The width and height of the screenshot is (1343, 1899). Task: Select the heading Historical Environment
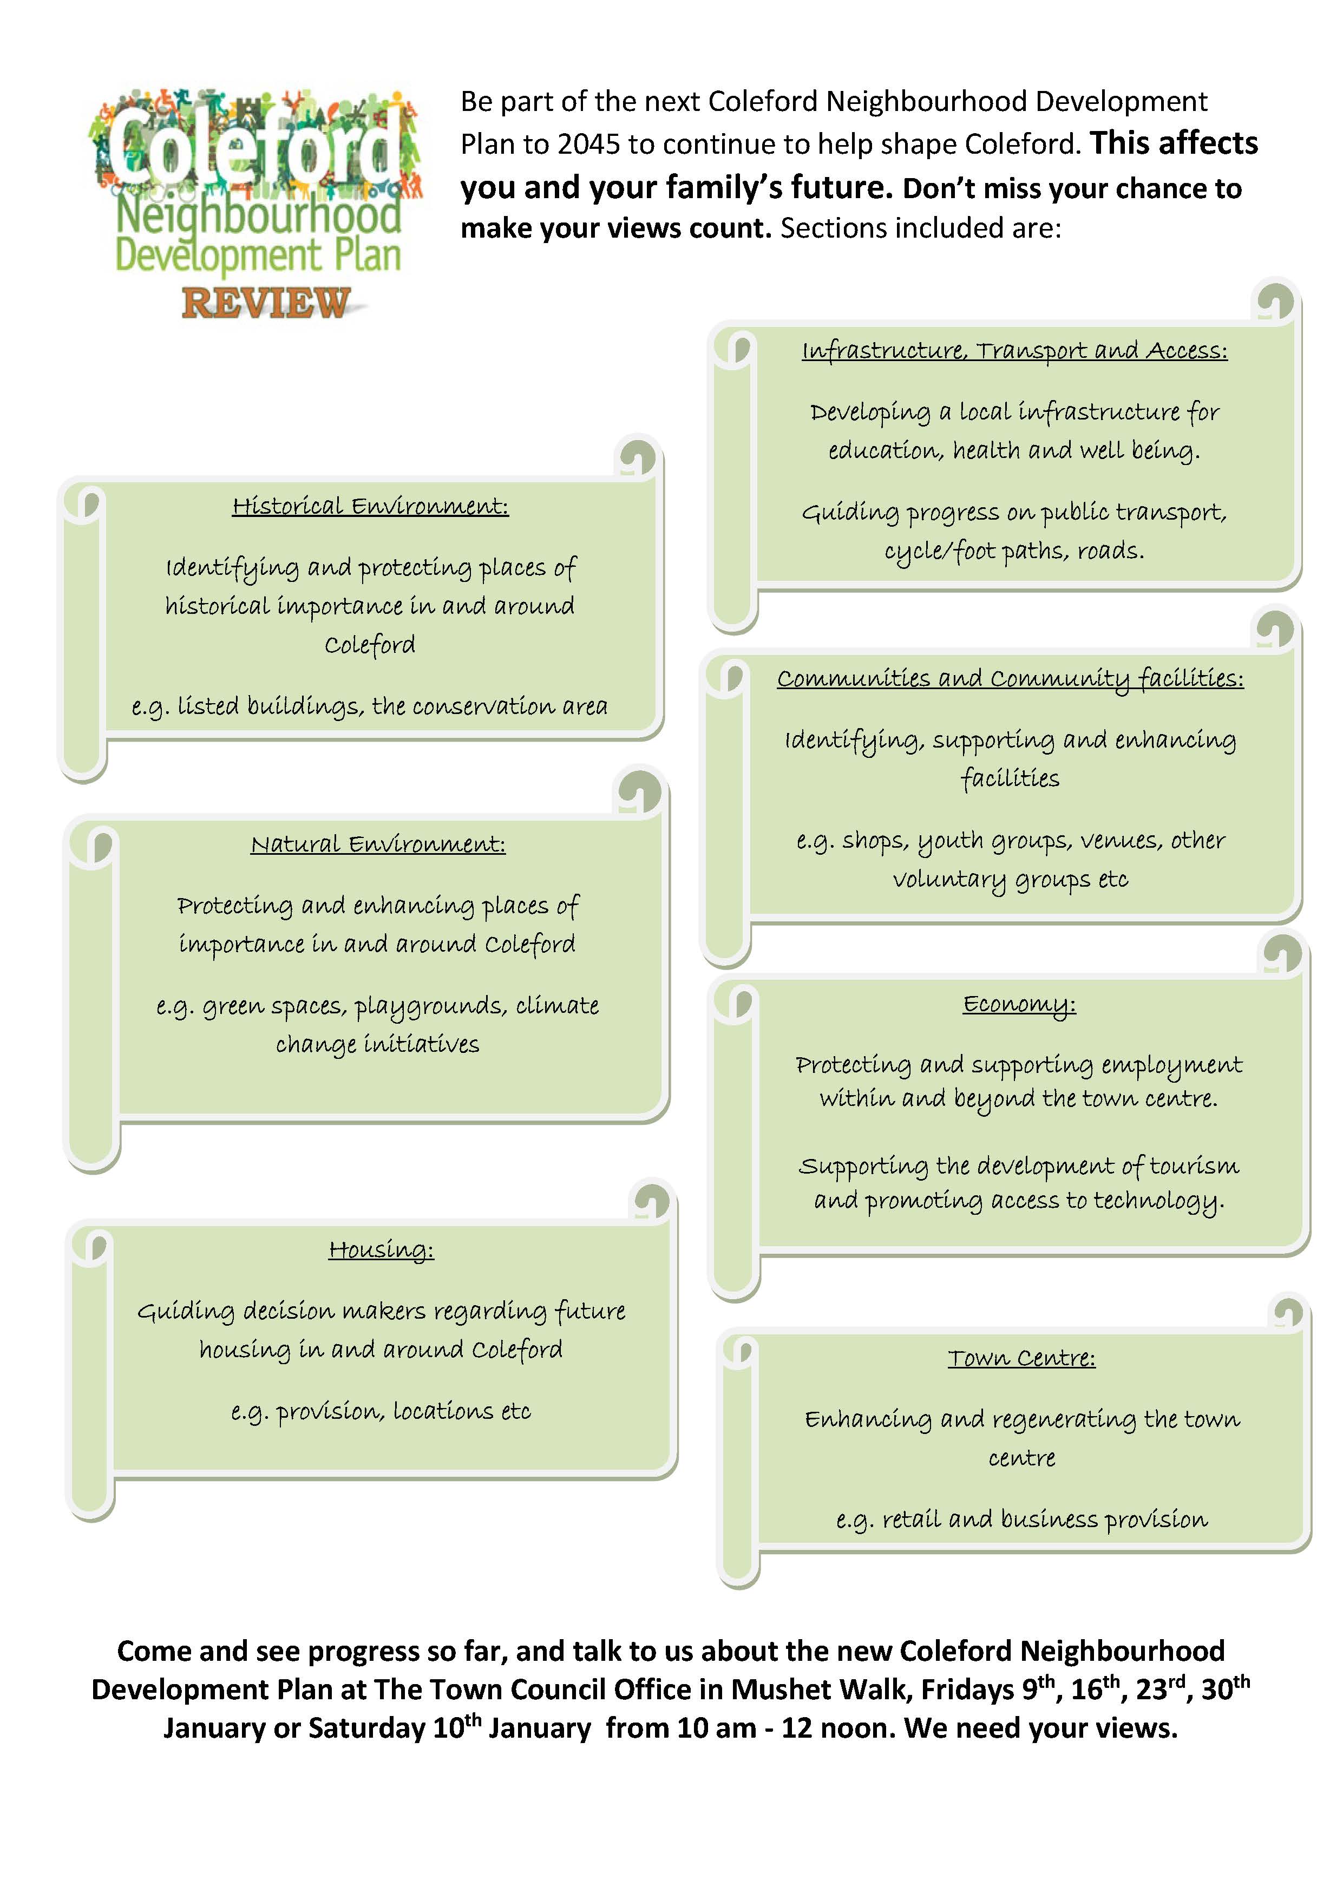[370, 506]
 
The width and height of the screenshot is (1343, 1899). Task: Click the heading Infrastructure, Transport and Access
[1014, 351]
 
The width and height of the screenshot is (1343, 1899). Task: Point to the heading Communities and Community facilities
[1010, 678]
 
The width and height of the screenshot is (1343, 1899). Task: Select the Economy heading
[1019, 1004]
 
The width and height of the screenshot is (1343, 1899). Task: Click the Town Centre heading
[1021, 1358]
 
